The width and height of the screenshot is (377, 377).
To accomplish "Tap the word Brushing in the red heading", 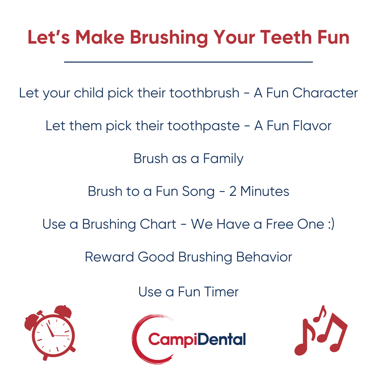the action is (169, 38).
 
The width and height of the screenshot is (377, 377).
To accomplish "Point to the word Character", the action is (325, 93).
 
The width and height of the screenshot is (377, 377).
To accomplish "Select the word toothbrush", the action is (205, 93).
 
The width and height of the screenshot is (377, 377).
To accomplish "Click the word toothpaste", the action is (204, 126).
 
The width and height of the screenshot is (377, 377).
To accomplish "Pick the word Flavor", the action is (312, 126).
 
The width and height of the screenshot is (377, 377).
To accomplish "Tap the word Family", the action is (223, 159).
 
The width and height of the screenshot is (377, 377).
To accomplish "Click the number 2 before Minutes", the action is (232, 191).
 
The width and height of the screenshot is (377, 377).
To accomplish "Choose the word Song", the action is (198, 192).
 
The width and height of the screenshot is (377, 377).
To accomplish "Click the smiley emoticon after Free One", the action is (331, 224).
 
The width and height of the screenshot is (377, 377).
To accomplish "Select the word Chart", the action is (158, 224).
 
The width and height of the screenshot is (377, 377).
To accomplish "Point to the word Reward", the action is (109, 257).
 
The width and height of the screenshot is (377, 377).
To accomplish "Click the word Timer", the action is (222, 292).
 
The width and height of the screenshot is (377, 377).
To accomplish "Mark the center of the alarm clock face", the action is (53, 335).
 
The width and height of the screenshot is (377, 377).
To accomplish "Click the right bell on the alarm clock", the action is (63, 311).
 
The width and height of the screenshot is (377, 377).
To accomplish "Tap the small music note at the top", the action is (320, 314).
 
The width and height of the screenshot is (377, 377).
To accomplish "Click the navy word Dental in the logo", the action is (221, 339).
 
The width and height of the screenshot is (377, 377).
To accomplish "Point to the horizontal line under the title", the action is (188, 62).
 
